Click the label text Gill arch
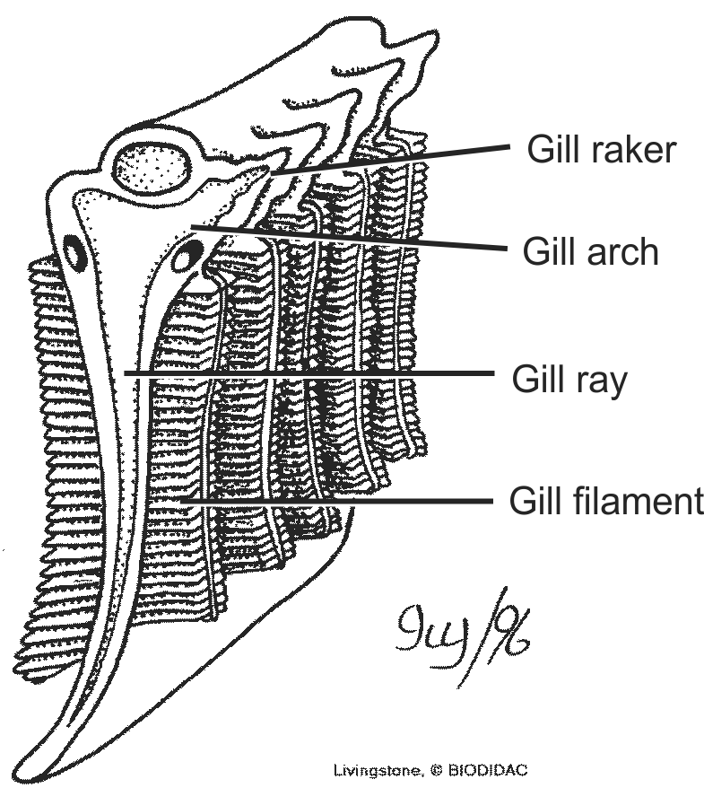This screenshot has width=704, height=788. coord(591,251)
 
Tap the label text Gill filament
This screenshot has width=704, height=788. coord(606,501)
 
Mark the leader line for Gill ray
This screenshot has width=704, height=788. coord(314,372)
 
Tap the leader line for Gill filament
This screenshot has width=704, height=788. coord(341,501)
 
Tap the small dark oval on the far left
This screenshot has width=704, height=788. coord(74,252)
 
